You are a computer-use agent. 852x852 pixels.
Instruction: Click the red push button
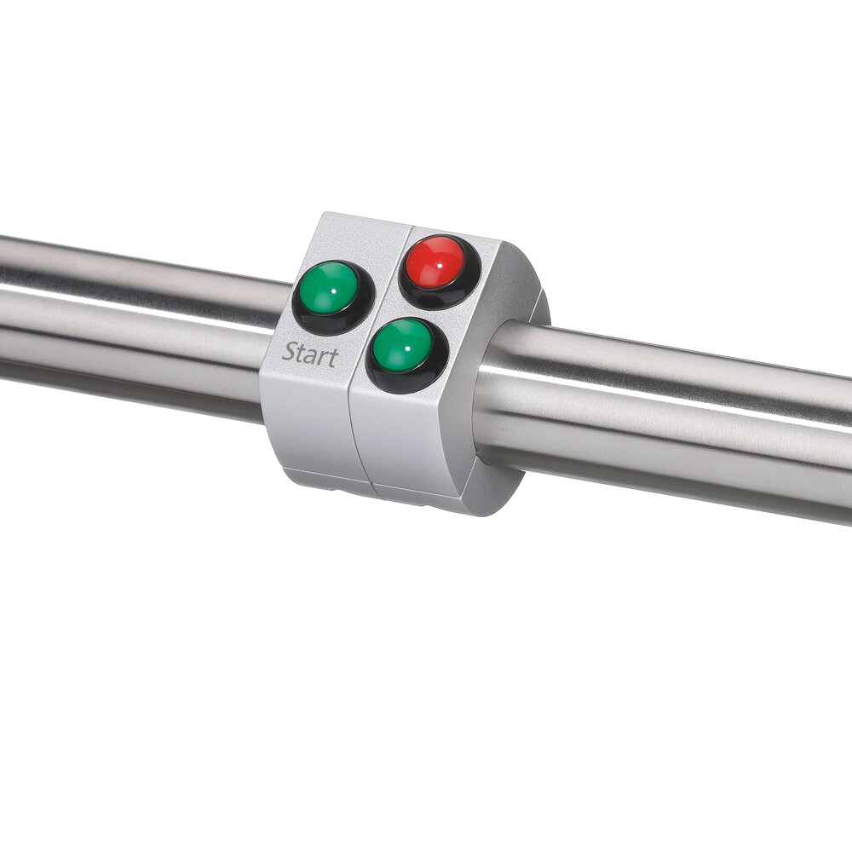coord(435,262)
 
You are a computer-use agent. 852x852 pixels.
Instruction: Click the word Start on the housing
coord(310,354)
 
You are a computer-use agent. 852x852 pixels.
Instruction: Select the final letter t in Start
coord(333,358)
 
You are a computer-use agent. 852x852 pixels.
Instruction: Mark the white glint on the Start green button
coord(332,291)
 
